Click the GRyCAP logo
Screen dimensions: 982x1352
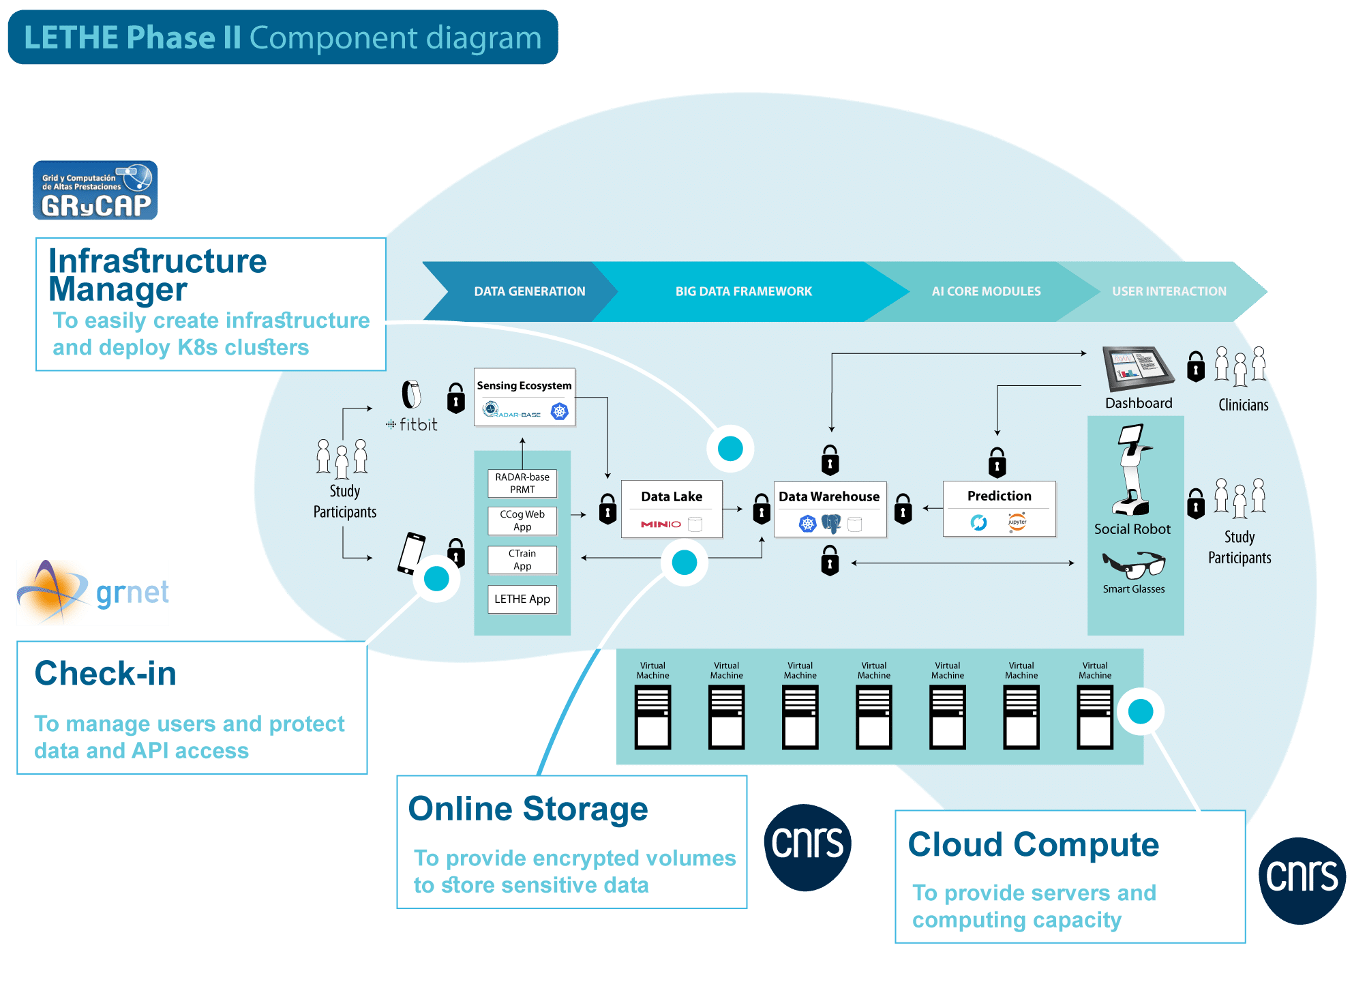pos(95,191)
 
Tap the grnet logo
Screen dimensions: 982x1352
pos(93,593)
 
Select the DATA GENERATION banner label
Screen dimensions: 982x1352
pos(529,291)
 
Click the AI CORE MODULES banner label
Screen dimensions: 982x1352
pos(986,291)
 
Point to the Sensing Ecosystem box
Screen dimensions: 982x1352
pos(524,397)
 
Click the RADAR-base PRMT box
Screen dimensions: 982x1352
pos(522,483)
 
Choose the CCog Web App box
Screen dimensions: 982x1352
pos(522,521)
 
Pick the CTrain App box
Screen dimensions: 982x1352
pos(522,560)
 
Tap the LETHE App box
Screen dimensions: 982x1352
pos(522,599)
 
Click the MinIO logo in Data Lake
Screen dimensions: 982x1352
pos(661,524)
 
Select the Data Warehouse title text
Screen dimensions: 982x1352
pos(829,496)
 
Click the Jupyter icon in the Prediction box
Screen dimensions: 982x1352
pos(1017,522)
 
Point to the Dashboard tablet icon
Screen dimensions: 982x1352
pos(1137,369)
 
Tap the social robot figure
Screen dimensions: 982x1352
pos(1132,470)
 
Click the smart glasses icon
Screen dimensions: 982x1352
pos(1134,565)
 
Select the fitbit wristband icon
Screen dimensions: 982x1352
pos(411,394)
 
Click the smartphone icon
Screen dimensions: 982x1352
pos(411,553)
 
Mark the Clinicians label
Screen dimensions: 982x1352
pos(1243,405)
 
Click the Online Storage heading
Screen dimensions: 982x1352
pos(528,809)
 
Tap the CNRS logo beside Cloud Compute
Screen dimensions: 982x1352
pos(1302,880)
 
